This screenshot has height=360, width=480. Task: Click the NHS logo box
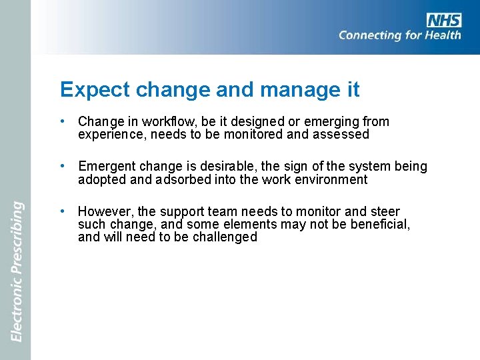coord(443,20)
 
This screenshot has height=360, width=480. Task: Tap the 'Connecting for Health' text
coord(399,35)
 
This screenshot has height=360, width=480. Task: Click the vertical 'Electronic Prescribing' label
coord(17,272)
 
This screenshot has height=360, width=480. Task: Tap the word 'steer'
coord(385,212)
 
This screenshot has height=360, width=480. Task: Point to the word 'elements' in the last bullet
coord(252,225)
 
